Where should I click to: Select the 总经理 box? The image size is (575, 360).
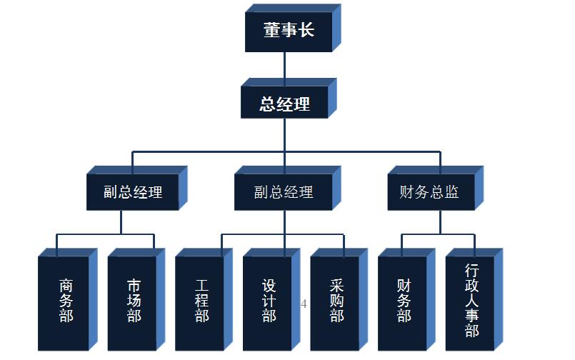[284, 104]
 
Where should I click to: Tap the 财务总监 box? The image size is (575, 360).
[429, 192]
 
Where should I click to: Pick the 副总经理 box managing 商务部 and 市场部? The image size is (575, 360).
[132, 192]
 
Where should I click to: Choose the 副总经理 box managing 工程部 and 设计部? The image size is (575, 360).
[283, 192]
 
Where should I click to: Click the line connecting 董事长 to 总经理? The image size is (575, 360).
[284, 69]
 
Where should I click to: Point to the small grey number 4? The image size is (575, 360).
[304, 304]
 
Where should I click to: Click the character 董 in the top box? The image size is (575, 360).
[271, 31]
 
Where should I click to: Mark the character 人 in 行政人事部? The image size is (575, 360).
[471, 300]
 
